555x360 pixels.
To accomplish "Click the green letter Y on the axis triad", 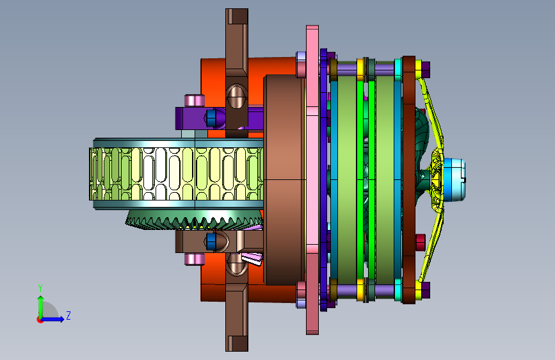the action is pyautogui.click(x=40, y=288).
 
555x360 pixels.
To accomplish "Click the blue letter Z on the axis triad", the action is pyautogui.click(x=68, y=315).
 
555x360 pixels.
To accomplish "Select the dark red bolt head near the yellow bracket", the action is pyautogui.click(x=421, y=242).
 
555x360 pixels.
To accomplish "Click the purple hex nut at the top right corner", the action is pyautogui.click(x=426, y=69).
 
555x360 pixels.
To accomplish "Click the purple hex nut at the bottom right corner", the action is pyautogui.click(x=426, y=290).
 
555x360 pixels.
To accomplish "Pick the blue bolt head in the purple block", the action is pyautogui.click(x=211, y=118).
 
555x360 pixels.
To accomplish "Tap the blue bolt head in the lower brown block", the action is pyautogui.click(x=211, y=241).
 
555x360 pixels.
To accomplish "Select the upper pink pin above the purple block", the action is pyautogui.click(x=195, y=101).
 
